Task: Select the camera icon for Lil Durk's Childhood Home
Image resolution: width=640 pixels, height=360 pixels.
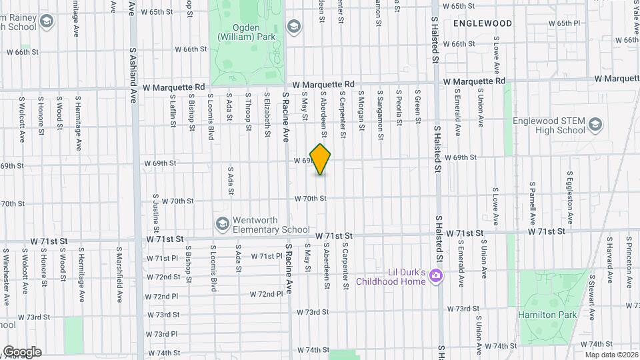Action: [x=436, y=275]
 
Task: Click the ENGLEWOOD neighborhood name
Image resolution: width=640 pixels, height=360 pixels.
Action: [x=483, y=23]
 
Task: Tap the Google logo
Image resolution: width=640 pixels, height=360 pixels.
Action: [x=21, y=351]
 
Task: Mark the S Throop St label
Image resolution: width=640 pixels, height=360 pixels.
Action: [x=248, y=107]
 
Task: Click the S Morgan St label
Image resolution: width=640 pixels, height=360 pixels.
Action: [x=361, y=107]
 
